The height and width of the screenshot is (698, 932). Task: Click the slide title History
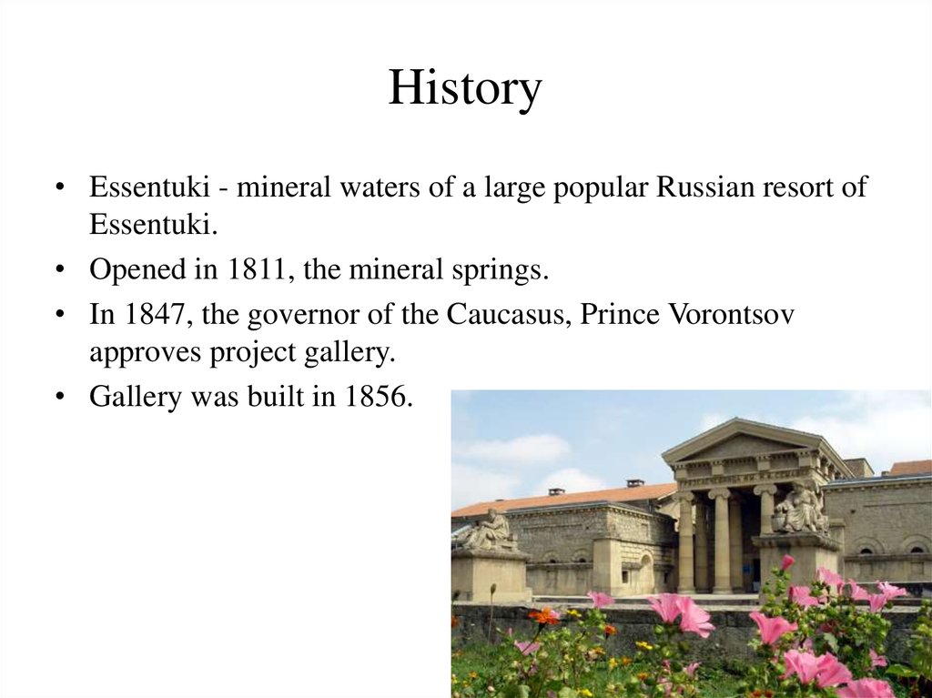(x=464, y=89)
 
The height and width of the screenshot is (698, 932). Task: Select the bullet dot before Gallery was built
(x=59, y=398)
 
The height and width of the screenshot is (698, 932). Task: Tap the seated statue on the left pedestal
(x=491, y=531)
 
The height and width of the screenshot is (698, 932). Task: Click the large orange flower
(x=545, y=616)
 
